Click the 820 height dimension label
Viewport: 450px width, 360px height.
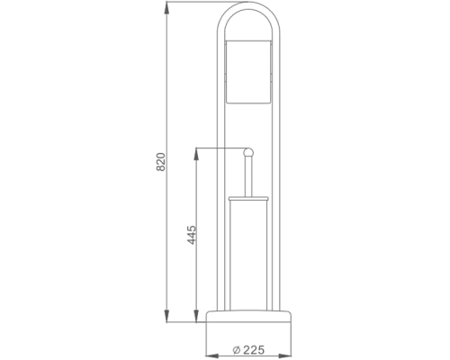point(161,162)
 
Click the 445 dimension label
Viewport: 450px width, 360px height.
point(192,235)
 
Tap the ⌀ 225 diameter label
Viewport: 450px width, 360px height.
point(248,350)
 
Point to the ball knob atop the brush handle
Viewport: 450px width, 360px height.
point(248,152)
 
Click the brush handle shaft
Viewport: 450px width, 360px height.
point(248,176)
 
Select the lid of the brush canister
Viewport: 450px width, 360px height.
point(248,198)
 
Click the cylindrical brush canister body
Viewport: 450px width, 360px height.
point(248,255)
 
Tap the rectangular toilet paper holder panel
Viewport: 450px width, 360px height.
point(248,72)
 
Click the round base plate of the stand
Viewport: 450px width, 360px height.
point(248,316)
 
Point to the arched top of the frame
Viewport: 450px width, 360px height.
point(248,6)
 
